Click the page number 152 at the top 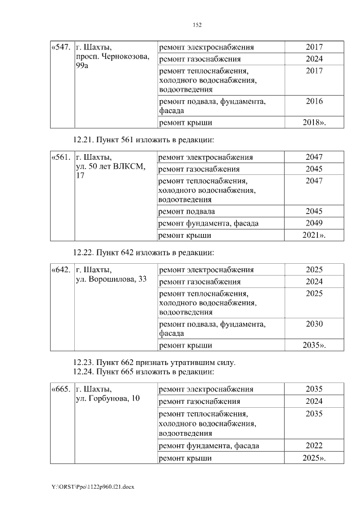197,25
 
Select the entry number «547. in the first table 61,47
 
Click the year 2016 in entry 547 314,102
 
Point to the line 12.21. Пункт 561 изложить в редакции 144,139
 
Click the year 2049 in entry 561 314,223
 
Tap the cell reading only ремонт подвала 186,211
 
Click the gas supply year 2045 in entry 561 314,169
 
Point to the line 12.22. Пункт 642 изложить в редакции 144,252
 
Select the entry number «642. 61,270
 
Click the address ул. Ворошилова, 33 111,280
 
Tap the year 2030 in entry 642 314,324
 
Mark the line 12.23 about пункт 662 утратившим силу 154,362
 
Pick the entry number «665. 61,389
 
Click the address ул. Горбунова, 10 108,399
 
